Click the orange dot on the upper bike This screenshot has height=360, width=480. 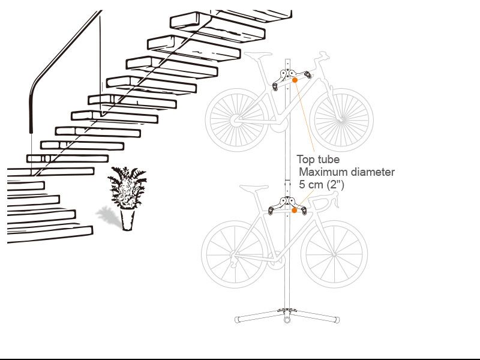(295, 80)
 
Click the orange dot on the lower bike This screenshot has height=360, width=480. (294, 211)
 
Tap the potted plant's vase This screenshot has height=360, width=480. (127, 218)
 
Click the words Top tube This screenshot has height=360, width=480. (318, 160)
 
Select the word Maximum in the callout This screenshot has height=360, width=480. (323, 172)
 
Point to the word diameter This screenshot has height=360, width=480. (373, 172)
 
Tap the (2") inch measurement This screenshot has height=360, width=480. (335, 185)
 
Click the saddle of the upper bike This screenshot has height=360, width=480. (258, 54)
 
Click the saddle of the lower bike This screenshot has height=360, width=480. (254, 187)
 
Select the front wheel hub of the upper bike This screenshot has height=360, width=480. (341, 121)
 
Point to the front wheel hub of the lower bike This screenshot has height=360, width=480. (334, 254)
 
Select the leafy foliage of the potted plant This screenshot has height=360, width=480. (127, 187)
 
